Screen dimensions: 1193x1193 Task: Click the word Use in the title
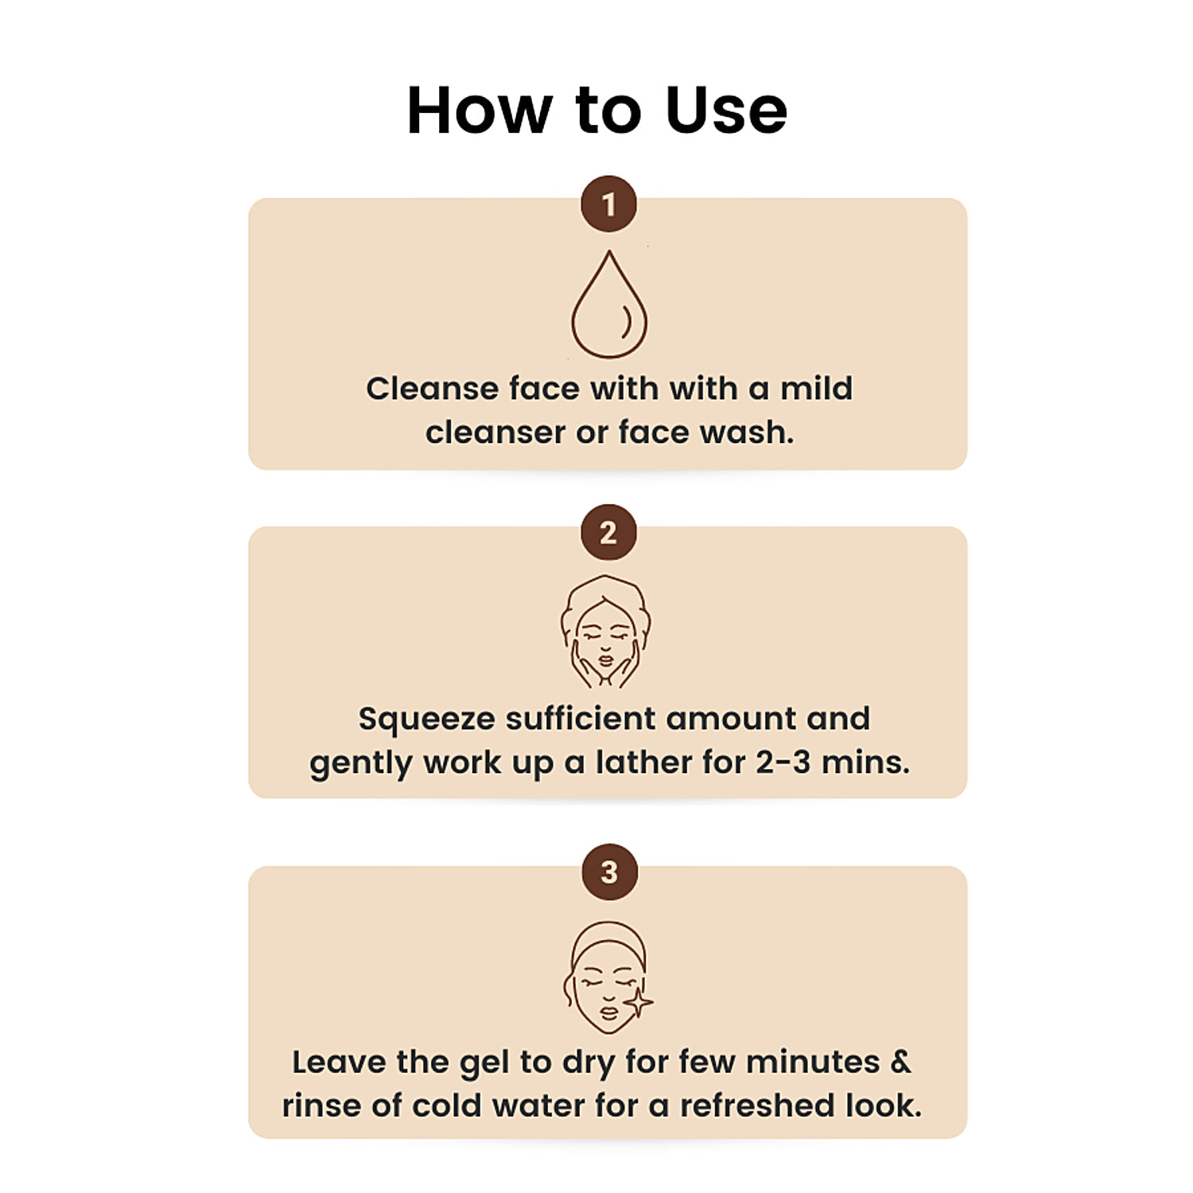(726, 110)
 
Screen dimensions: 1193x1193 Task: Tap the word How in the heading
(479, 110)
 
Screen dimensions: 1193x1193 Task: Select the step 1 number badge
(608, 204)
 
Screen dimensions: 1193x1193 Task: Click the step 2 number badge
(608, 532)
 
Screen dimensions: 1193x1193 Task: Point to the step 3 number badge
(609, 872)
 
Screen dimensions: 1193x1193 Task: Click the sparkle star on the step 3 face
(638, 1003)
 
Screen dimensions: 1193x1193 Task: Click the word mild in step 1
(816, 388)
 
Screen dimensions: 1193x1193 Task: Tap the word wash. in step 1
(746, 432)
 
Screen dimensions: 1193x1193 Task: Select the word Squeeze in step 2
(427, 720)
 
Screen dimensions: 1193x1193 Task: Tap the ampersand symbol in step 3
(900, 1062)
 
